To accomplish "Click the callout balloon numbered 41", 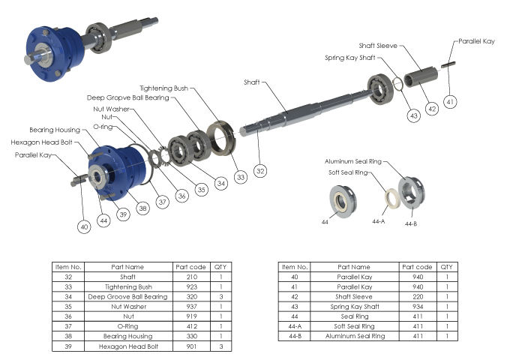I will click(450, 101).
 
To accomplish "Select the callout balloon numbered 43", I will click(414, 115).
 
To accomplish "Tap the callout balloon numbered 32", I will click(260, 171).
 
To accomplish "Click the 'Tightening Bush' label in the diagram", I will click(166, 88).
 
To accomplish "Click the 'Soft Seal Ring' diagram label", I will click(349, 173).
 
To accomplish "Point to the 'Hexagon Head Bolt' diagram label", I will click(42, 142).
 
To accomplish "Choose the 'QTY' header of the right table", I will click(446, 267).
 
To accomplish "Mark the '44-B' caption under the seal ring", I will click(410, 223).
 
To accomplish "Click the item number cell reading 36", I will click(67, 316).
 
